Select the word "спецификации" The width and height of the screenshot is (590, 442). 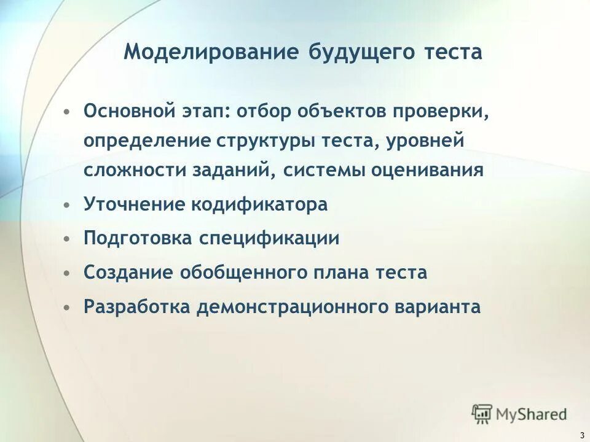pos(268,238)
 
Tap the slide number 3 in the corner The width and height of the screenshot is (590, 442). pos(581,435)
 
